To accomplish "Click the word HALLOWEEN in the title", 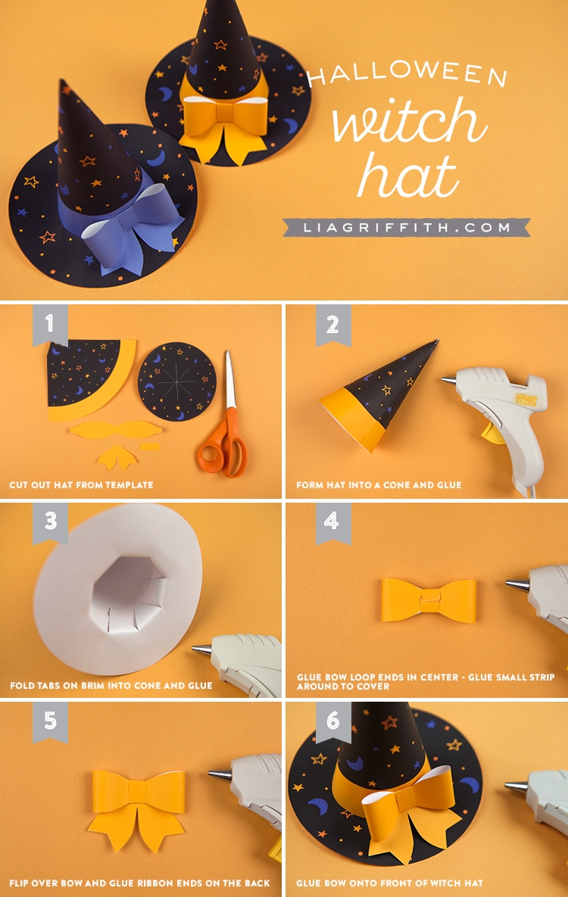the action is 407,74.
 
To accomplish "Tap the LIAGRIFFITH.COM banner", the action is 407,227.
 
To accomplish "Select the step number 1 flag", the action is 50,325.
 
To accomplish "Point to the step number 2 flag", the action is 332,325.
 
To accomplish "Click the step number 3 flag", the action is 50,522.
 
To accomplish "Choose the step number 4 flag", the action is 332,522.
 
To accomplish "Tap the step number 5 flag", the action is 50,721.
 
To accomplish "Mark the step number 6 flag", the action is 332,721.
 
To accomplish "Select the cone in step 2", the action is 378,394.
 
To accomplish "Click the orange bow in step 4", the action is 429,600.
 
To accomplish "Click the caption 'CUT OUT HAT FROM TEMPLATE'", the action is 81,485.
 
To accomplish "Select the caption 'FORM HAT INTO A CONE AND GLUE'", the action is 379,485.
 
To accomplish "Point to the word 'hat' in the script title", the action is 407,174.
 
